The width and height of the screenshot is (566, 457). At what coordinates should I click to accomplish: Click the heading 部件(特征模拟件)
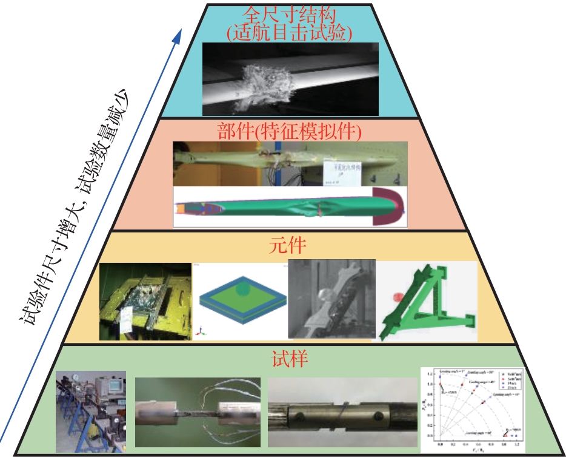coord(289,131)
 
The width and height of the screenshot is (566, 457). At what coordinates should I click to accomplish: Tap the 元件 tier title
coord(288,246)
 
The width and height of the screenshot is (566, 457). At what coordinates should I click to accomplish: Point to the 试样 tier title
coord(289,357)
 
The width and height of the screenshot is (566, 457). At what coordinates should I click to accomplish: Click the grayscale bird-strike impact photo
coord(290,79)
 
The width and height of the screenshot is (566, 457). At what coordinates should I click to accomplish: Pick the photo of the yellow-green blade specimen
coord(290,163)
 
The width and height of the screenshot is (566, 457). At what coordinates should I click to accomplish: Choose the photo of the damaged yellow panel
coord(145,300)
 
